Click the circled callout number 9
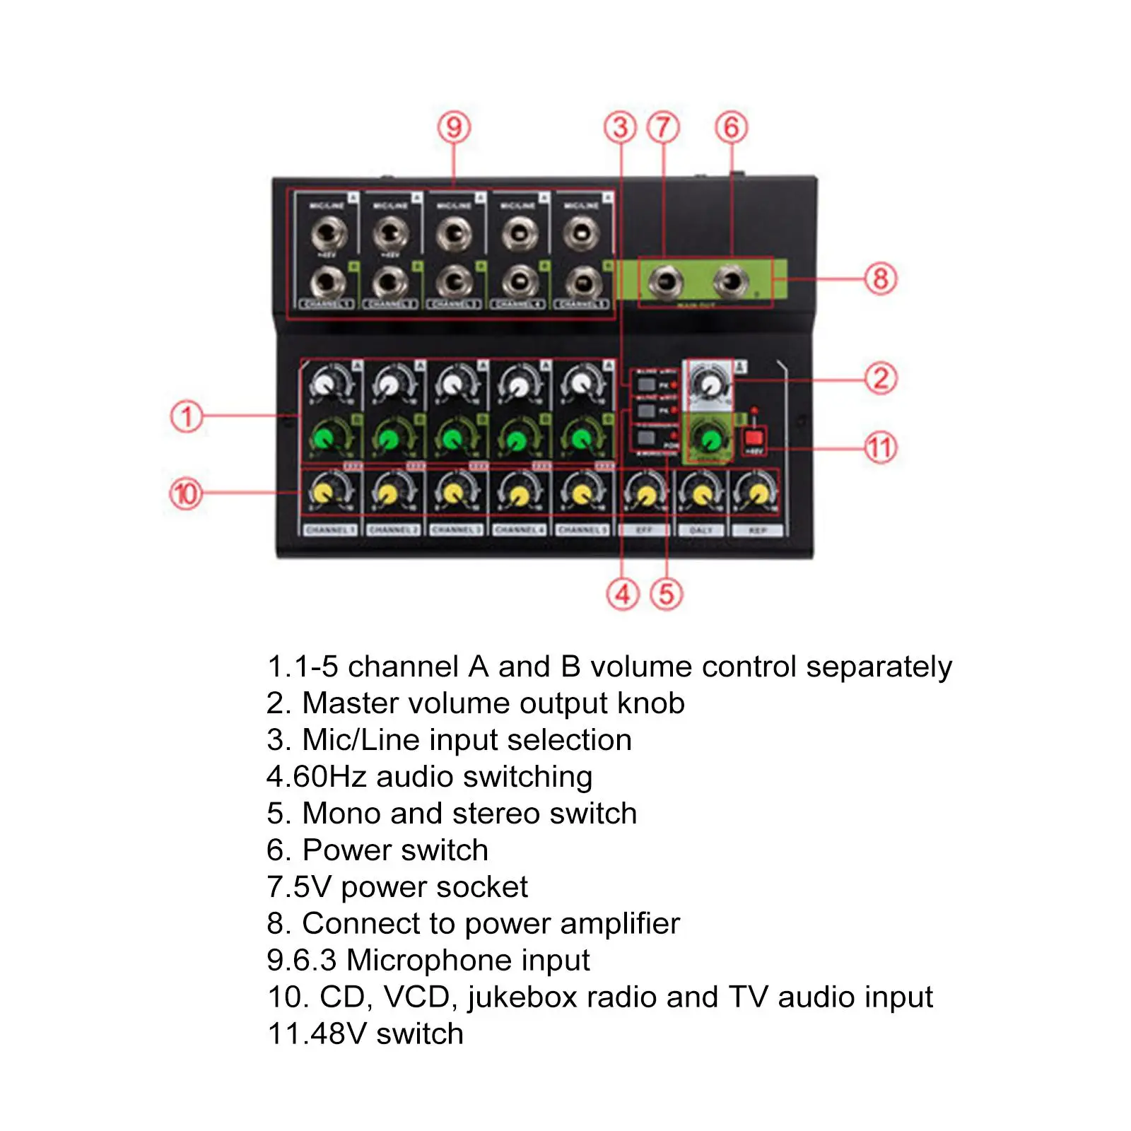(x=454, y=128)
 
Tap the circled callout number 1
(x=187, y=416)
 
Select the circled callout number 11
(x=881, y=447)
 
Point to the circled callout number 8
(x=881, y=279)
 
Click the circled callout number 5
(x=667, y=594)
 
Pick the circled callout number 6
(x=732, y=128)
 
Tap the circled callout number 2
(x=881, y=379)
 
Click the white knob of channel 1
(x=324, y=385)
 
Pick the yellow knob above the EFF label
(x=645, y=494)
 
